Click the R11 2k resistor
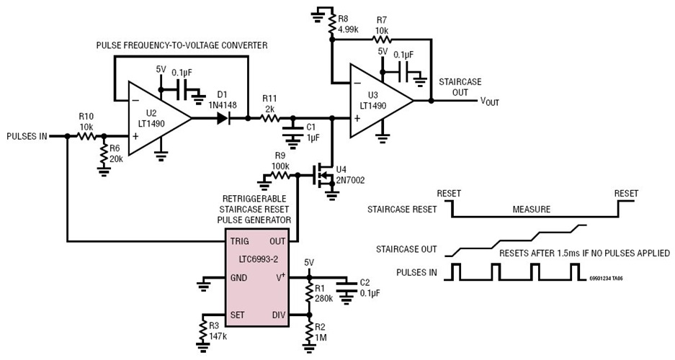pyautogui.click(x=272, y=117)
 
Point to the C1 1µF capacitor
pyautogui.click(x=292, y=130)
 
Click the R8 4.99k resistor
pyautogui.click(x=331, y=27)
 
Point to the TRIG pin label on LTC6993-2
pyautogui.click(x=241, y=240)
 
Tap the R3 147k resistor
pyautogui.click(x=205, y=331)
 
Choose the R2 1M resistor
pyautogui.click(x=309, y=333)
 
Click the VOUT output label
pyautogui.click(x=490, y=101)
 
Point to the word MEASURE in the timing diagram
pyautogui.click(x=532, y=210)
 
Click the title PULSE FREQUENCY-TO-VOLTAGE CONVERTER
pyautogui.click(x=182, y=45)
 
